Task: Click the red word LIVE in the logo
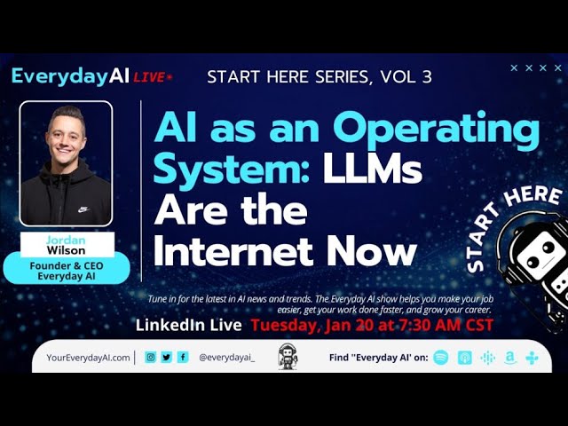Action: [x=150, y=77]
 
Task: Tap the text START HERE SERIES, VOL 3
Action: [x=319, y=76]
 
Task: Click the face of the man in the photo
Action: [x=67, y=132]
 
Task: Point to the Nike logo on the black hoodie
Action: [x=83, y=209]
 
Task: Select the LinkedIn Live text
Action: [x=189, y=326]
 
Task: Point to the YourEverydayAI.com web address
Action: [x=88, y=358]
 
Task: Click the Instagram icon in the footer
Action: [x=151, y=358]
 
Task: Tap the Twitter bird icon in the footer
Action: [x=167, y=358]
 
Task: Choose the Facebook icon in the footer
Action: [x=183, y=358]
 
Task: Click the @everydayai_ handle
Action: [x=226, y=358]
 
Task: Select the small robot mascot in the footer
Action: [x=288, y=357]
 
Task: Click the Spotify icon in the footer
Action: [x=441, y=358]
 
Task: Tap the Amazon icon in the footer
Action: [x=509, y=358]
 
